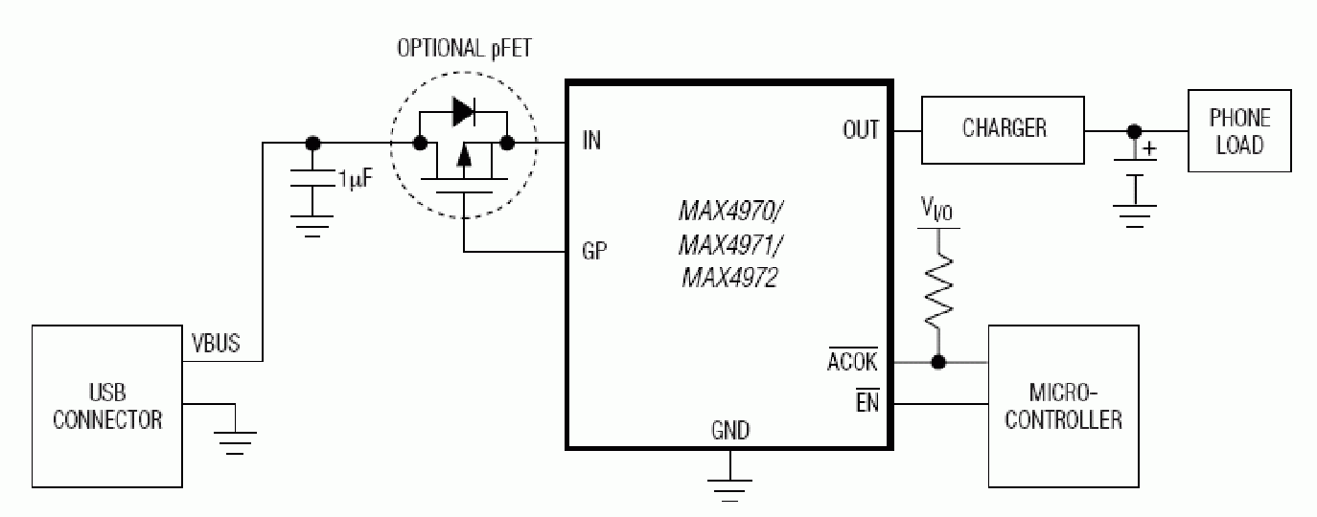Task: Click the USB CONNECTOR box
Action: pyautogui.click(x=107, y=406)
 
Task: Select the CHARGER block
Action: pyautogui.click(x=1003, y=130)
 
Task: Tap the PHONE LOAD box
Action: pyautogui.click(x=1239, y=130)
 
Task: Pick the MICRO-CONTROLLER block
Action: pyautogui.click(x=1063, y=406)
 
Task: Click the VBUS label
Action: pyautogui.click(x=216, y=343)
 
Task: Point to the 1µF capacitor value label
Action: pyautogui.click(x=356, y=179)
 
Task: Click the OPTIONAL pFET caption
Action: pyautogui.click(x=464, y=48)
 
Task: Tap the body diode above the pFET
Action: pyautogui.click(x=464, y=112)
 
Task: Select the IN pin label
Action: pyautogui.click(x=591, y=141)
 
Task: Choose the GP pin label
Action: pyautogui.click(x=594, y=251)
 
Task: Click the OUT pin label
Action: pyautogui.click(x=861, y=130)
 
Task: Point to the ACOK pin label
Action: pyautogui.click(x=852, y=360)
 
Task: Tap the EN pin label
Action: pyautogui.click(x=867, y=401)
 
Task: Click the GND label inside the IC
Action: pyautogui.click(x=730, y=431)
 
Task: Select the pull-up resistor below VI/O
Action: pyautogui.click(x=938, y=291)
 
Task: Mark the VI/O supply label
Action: pyautogui.click(x=936, y=210)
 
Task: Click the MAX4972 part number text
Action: pyautogui.click(x=729, y=278)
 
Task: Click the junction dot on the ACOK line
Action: pyautogui.click(x=938, y=362)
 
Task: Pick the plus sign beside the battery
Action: pyautogui.click(x=1148, y=149)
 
